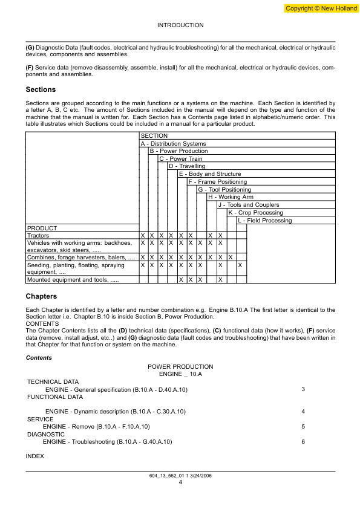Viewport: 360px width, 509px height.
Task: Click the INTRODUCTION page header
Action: (180, 25)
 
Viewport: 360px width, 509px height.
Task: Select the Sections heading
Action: (41, 89)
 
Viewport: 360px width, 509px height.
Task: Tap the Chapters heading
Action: (41, 296)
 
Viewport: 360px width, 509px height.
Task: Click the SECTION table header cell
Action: (154, 136)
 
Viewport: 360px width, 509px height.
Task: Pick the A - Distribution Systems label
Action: (174, 144)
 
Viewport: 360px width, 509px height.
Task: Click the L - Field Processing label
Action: (265, 221)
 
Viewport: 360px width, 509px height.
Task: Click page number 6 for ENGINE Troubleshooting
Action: (303, 442)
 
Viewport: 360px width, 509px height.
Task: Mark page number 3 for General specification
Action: (303, 389)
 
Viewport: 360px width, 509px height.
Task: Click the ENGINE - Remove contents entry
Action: (97, 427)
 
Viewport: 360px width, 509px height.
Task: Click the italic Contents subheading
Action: (39, 358)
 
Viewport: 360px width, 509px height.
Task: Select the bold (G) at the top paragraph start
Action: (30, 47)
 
